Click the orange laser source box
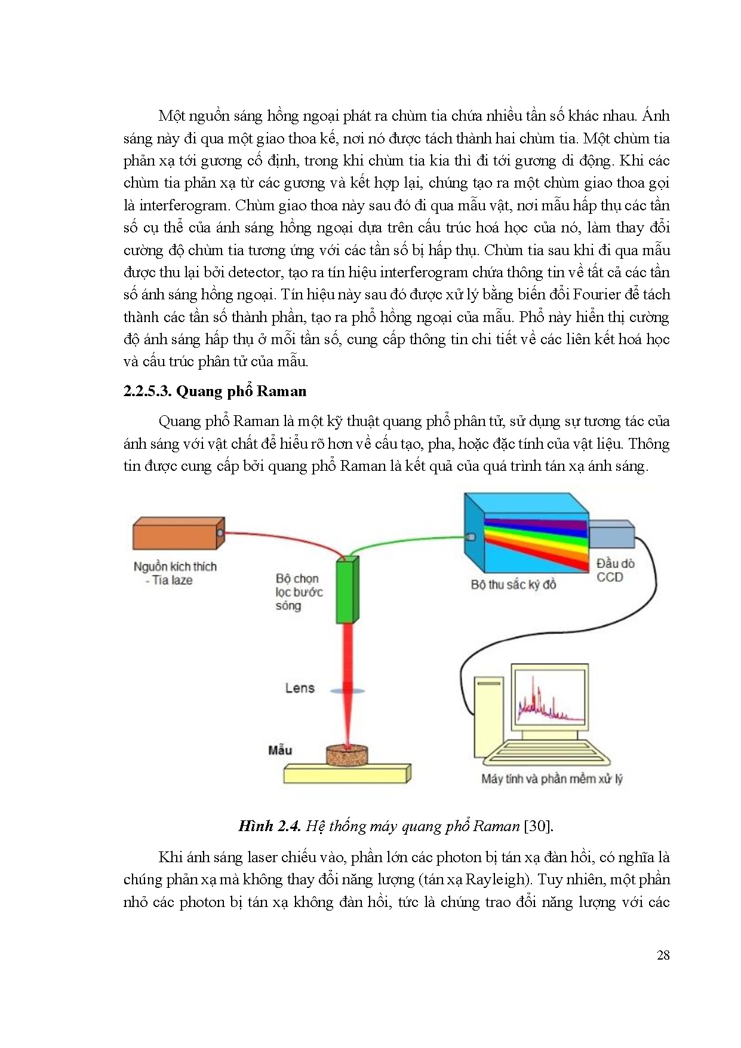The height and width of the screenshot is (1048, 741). (x=178, y=533)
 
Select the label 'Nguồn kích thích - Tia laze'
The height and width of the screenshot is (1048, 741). (x=174, y=573)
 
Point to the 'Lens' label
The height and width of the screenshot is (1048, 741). (x=300, y=688)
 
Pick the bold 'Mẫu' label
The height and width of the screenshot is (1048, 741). (x=280, y=750)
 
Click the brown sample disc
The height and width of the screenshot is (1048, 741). (x=347, y=755)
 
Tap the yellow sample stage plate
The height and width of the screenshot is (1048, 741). (x=348, y=773)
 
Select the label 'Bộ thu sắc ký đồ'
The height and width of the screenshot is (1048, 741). (x=513, y=584)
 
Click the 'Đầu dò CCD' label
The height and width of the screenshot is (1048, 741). (x=615, y=570)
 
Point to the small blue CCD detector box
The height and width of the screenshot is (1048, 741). (x=611, y=534)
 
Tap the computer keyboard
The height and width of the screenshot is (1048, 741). (x=546, y=754)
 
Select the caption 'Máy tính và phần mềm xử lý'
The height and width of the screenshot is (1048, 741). (x=552, y=779)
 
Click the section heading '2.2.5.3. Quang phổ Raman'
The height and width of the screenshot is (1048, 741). (x=215, y=391)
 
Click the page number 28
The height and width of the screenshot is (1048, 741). (x=663, y=955)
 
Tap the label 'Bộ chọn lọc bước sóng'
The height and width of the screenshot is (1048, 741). (x=299, y=592)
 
